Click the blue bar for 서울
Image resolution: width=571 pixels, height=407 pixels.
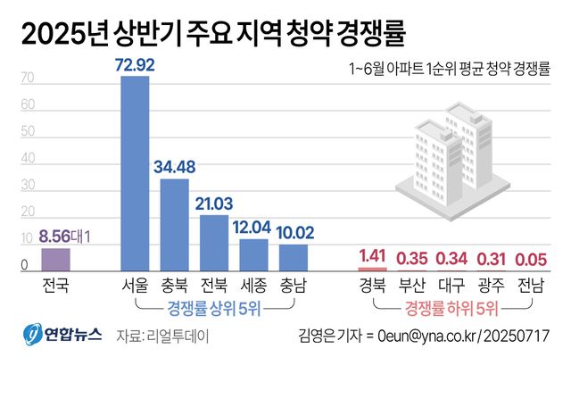click(x=135, y=173)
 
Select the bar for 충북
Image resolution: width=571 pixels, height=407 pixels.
click(x=174, y=224)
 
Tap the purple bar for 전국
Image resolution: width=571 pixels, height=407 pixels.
click(x=55, y=259)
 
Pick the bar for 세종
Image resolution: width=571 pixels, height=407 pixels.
click(x=253, y=254)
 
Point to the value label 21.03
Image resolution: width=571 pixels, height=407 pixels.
click(x=214, y=203)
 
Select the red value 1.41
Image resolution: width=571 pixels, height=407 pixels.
click(x=371, y=255)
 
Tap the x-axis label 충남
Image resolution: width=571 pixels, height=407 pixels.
click(x=293, y=287)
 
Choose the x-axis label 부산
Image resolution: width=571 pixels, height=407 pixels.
click(x=411, y=287)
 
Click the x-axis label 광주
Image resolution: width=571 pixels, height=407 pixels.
click(x=490, y=287)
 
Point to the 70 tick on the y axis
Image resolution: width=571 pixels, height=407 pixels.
click(x=28, y=79)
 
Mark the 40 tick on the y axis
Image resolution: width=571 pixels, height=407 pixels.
click(x=28, y=159)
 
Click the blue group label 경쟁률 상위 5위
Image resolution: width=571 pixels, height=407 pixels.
click(x=214, y=308)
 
